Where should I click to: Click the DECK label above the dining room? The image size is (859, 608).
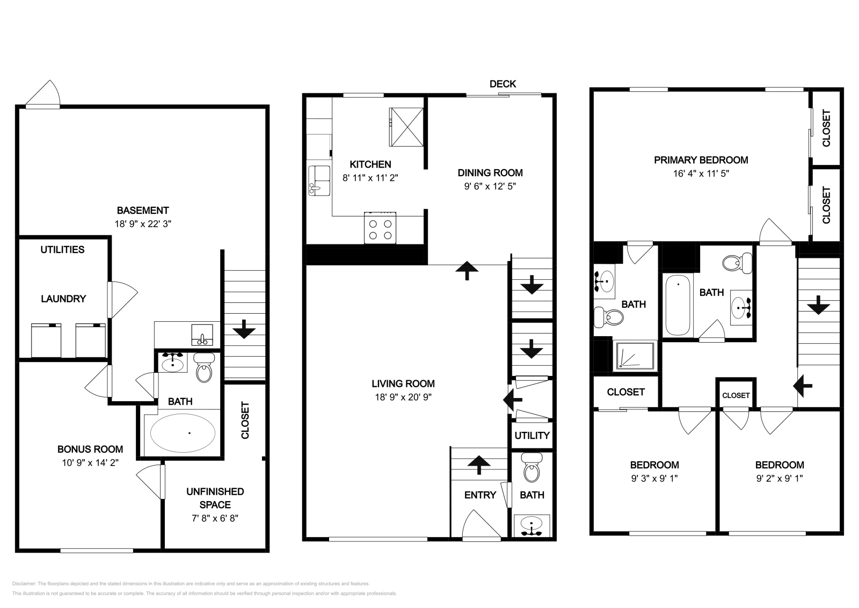click(x=503, y=84)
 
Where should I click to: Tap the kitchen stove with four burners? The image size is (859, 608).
click(x=380, y=228)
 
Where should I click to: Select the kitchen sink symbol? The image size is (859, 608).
click(x=319, y=180)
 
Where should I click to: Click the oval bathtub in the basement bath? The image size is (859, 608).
click(x=183, y=432)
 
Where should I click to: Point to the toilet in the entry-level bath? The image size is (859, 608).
click(x=532, y=467)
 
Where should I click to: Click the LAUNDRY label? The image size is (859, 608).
click(x=63, y=299)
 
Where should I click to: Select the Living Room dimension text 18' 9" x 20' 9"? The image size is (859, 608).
click(x=403, y=397)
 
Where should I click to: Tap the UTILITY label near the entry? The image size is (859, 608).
click(x=532, y=435)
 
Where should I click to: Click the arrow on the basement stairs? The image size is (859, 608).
click(x=244, y=329)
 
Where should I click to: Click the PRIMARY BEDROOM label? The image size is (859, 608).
click(x=701, y=160)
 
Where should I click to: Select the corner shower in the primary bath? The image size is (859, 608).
click(x=634, y=356)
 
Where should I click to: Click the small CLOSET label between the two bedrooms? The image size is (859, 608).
click(x=736, y=395)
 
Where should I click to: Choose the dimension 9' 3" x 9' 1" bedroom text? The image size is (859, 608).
click(x=654, y=479)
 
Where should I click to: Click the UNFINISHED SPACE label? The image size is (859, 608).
click(x=215, y=498)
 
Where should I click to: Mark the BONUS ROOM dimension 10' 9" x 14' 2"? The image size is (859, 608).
click(x=90, y=462)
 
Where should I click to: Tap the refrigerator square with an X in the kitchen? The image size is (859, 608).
click(x=406, y=127)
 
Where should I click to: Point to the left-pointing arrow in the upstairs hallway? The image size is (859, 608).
click(x=803, y=385)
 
